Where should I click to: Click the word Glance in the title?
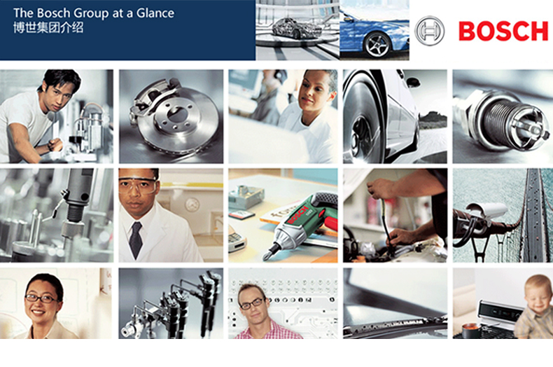155,13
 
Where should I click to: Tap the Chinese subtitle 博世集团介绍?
48,28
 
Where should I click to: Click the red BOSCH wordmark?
503,31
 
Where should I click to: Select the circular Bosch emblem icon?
429,31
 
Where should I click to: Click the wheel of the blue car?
377,45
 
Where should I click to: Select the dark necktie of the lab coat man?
135,240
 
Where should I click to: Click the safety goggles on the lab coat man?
137,185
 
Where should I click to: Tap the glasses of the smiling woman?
41,298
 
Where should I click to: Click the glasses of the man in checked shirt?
252,303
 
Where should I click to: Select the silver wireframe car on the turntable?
295,27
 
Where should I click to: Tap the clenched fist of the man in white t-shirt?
56,145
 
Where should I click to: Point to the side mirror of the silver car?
412,82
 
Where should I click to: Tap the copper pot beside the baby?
470,331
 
